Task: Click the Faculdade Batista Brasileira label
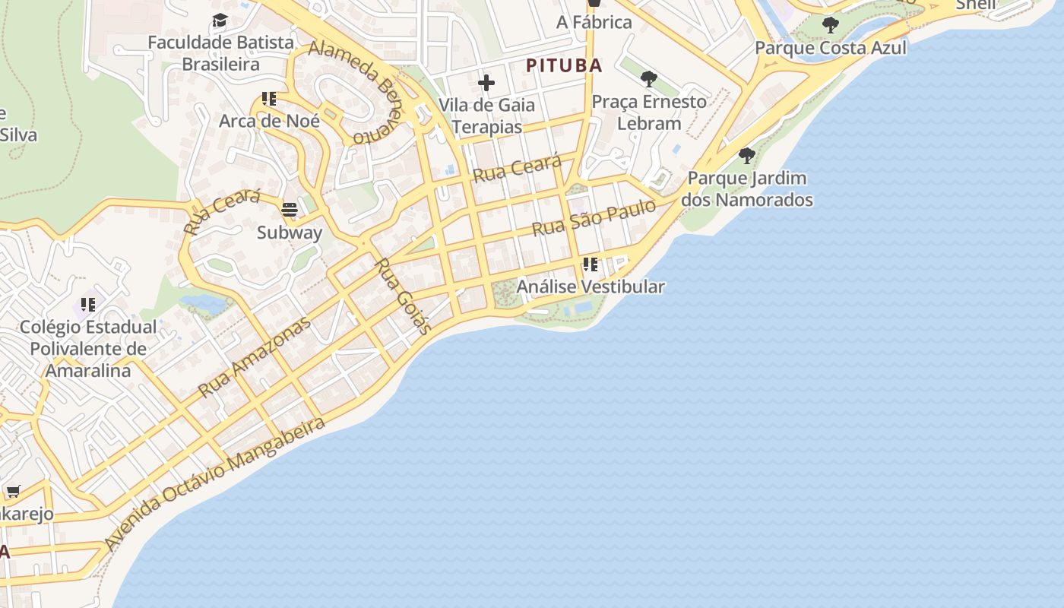[x=220, y=53]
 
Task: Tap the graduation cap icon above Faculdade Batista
[x=220, y=21]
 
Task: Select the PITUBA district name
[x=564, y=65]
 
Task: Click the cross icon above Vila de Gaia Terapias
[x=486, y=83]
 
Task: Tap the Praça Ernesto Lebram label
[x=649, y=112]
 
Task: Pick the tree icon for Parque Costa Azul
[x=831, y=25]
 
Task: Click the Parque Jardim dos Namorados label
[x=747, y=189]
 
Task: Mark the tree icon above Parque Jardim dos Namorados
[x=747, y=156]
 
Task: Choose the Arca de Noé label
[x=269, y=121]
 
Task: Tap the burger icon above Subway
[x=290, y=209]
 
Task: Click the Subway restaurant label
[x=290, y=233]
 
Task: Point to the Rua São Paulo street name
[x=594, y=218]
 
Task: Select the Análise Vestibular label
[x=591, y=287]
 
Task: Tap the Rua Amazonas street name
[x=255, y=356]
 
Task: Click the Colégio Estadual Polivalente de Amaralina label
[x=88, y=349]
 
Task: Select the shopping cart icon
[x=13, y=492]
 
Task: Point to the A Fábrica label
[x=594, y=22]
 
